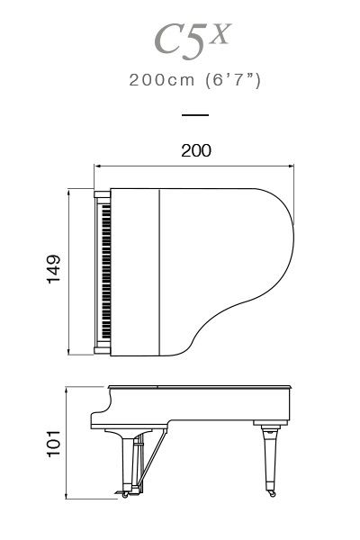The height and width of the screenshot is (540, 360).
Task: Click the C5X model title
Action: tap(193, 40)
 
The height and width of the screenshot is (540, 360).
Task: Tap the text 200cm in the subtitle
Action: tap(162, 80)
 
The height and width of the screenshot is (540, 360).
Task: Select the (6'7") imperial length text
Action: tap(233, 81)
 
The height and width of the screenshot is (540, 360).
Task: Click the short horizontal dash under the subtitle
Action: tap(195, 115)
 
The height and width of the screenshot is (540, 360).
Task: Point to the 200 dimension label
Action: tap(196, 151)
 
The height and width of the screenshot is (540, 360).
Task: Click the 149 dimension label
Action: tap(53, 269)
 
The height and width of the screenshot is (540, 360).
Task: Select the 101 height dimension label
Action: tap(53, 444)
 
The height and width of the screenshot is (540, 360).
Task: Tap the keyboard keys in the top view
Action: tap(106, 272)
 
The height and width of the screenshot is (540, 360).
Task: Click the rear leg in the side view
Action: tap(270, 458)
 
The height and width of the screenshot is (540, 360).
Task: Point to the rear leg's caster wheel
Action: tap(272, 494)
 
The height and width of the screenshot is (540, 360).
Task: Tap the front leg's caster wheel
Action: tap(125, 495)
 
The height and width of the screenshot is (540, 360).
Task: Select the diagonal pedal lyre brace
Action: tap(153, 458)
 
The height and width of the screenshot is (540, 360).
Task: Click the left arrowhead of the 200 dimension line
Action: tap(97, 166)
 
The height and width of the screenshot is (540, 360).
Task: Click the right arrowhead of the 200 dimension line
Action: tap(291, 166)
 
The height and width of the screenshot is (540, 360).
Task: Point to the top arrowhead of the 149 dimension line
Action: tap(69, 192)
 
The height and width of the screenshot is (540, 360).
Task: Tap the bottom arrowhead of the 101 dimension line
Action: tap(66, 495)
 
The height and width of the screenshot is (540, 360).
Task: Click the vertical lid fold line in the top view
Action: tap(160, 272)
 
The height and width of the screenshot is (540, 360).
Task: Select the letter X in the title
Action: tap(220, 34)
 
